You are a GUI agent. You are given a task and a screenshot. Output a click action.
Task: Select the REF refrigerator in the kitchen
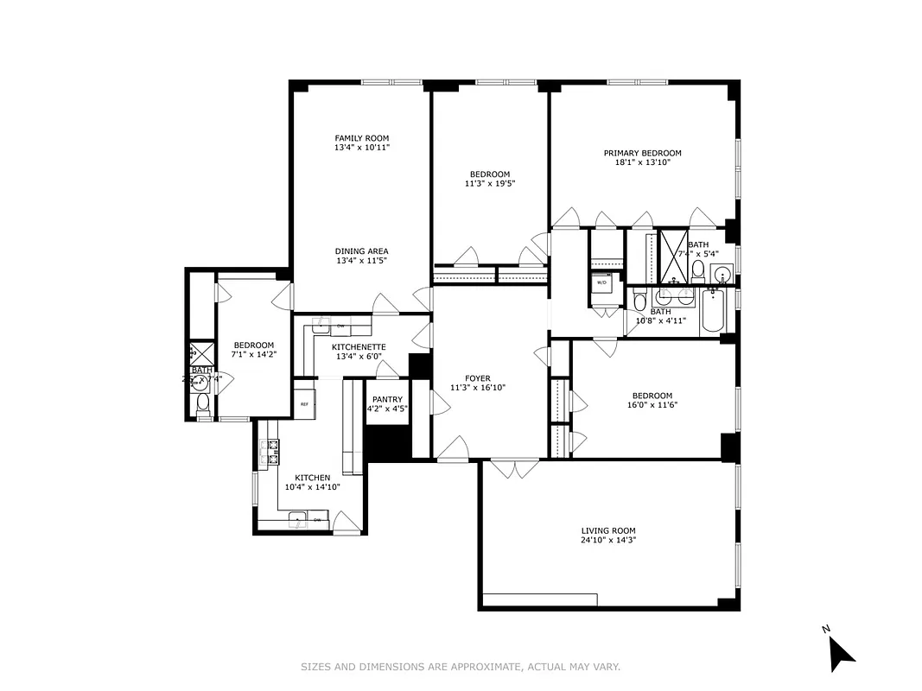(x=304, y=403)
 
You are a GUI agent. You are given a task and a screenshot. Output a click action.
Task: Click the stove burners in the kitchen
(x=272, y=451)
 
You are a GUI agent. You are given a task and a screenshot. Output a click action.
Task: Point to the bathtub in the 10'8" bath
(x=712, y=312)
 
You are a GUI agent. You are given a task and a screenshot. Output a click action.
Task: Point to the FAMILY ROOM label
(x=362, y=138)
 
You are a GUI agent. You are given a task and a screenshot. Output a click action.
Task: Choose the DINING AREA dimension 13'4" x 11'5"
(x=362, y=261)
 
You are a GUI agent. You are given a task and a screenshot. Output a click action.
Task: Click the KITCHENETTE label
(x=359, y=347)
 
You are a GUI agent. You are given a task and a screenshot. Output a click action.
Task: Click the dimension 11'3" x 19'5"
(x=489, y=183)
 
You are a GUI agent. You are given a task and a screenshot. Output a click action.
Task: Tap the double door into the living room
(x=513, y=469)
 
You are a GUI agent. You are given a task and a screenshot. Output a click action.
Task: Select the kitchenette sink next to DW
(x=320, y=326)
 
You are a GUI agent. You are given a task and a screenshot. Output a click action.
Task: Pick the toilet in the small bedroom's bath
(x=202, y=403)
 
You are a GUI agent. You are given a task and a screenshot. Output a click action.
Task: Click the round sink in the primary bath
(x=722, y=276)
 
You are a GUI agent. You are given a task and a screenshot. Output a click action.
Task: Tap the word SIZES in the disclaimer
(x=316, y=667)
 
